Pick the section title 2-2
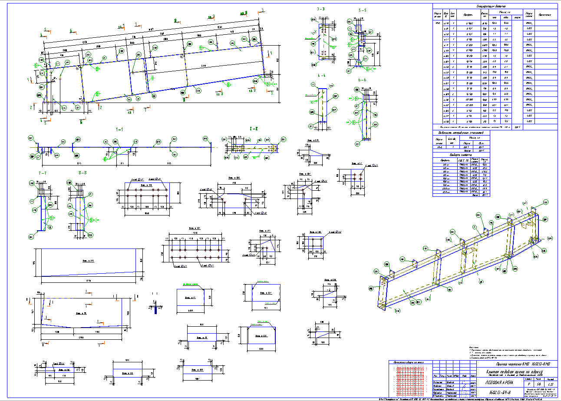pyautogui.click(x=254, y=129)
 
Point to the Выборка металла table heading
pyautogui.click(x=461, y=154)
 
